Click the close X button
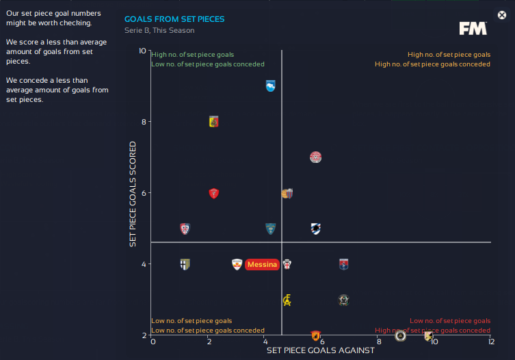[x=502, y=15]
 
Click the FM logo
[x=473, y=28]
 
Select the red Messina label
[x=262, y=265]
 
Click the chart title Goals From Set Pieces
[x=174, y=19]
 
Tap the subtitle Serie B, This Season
[x=159, y=30]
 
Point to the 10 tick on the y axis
[x=142, y=51]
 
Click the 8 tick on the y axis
[x=144, y=122]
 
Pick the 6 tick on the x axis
[x=322, y=341]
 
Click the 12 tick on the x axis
[x=490, y=341]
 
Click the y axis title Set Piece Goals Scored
[x=133, y=194]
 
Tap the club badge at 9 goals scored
[x=271, y=86]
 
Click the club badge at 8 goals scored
[x=214, y=122]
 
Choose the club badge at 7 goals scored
[x=315, y=157]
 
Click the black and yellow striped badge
[x=185, y=264]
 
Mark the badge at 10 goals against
[x=428, y=335]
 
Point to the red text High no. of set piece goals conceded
[x=432, y=330]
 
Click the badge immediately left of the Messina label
[x=237, y=264]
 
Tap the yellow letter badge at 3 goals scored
[x=287, y=300]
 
